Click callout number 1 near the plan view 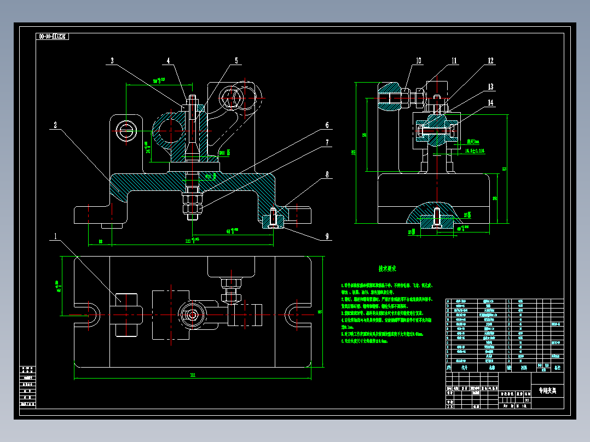click(x=55, y=237)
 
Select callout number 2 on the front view click(x=55, y=125)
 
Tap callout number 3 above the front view click(x=112, y=61)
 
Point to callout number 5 click(x=237, y=61)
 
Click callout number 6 click(x=327, y=125)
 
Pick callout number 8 click(x=327, y=175)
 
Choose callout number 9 click(x=327, y=237)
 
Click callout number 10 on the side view click(x=419, y=61)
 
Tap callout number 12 click(x=490, y=61)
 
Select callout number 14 click(x=490, y=102)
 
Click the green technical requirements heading click(x=387, y=269)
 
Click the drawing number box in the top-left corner click(x=53, y=37)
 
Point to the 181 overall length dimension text click(x=193, y=375)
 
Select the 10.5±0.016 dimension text click(x=474, y=149)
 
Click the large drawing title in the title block click(x=547, y=391)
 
